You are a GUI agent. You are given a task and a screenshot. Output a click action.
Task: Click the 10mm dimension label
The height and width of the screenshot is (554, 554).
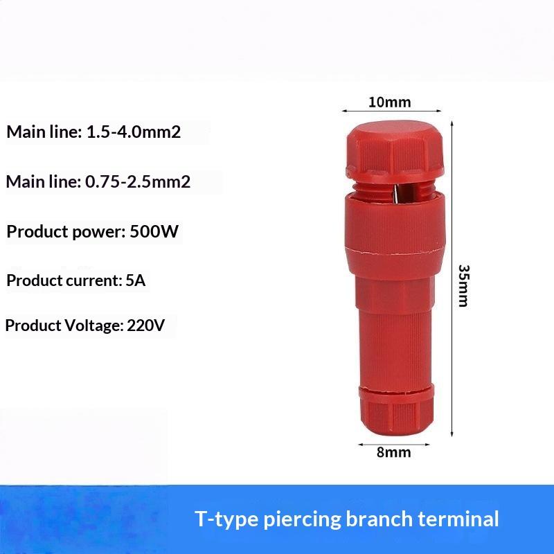(x=389, y=102)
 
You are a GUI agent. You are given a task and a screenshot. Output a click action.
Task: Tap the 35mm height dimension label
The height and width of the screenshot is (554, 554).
(x=463, y=285)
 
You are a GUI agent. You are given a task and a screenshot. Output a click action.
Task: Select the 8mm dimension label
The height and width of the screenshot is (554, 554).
(x=393, y=452)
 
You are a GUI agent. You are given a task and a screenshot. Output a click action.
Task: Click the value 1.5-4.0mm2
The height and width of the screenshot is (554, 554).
(x=134, y=132)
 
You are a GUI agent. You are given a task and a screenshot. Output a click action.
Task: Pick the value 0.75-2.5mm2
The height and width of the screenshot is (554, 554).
(x=138, y=181)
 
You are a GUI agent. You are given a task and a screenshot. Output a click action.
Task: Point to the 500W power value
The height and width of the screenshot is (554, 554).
(x=154, y=232)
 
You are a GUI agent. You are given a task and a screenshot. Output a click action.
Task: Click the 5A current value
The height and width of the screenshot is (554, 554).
(x=136, y=280)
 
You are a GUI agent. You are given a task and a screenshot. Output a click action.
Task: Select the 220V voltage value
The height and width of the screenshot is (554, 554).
(x=145, y=325)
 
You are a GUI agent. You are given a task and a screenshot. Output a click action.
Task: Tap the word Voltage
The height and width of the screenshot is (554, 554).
(x=93, y=325)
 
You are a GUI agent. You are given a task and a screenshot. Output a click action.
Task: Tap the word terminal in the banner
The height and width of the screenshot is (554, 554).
(x=458, y=519)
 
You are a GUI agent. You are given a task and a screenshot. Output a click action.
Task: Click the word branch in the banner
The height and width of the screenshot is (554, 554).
(x=379, y=519)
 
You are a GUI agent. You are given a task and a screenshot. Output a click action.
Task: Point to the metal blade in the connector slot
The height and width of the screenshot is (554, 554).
(x=397, y=194)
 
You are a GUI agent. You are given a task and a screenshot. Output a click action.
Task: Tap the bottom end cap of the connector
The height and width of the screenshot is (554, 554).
(x=396, y=411)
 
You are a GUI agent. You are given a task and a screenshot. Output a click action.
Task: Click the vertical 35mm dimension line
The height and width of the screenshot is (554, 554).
(x=452, y=279)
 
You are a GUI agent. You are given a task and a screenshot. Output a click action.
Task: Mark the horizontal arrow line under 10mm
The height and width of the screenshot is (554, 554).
(x=392, y=111)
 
